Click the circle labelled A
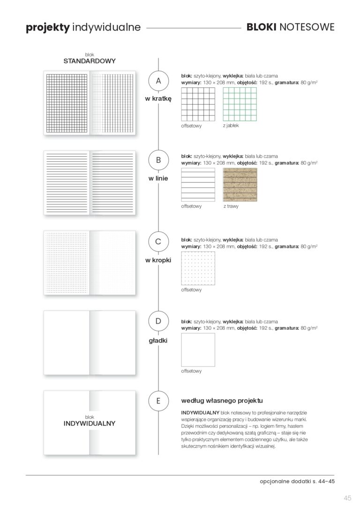click(x=158, y=81)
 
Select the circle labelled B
click(x=158, y=160)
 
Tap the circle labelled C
click(x=158, y=242)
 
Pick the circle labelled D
click(x=158, y=322)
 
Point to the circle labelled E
click(x=158, y=401)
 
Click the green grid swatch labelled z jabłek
click(x=240, y=104)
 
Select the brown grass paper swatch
click(x=240, y=184)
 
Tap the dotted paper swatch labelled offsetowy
click(x=198, y=268)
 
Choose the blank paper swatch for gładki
click(x=198, y=349)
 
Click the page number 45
click(x=347, y=498)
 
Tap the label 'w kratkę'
click(x=158, y=99)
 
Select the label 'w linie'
click(x=158, y=179)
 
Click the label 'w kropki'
click(x=158, y=260)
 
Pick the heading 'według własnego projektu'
click(x=222, y=401)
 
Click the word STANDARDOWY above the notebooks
click(x=90, y=61)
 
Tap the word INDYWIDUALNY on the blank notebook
click(x=90, y=423)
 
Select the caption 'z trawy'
click(x=231, y=206)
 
